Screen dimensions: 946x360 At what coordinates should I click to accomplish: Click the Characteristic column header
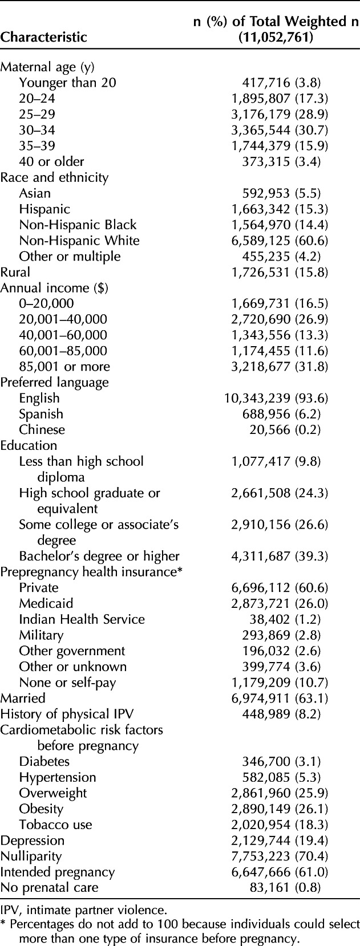tap(43, 37)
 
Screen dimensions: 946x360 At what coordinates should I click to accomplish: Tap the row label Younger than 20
tap(67, 83)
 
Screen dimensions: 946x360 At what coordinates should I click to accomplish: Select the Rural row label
tap(15, 273)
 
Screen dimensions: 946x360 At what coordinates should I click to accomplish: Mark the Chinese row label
tap(42, 430)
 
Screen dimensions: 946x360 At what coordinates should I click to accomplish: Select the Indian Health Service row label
tap(82, 619)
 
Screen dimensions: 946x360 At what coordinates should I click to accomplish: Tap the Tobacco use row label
tap(55, 825)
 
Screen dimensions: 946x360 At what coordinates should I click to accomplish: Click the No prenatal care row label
tap(49, 888)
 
